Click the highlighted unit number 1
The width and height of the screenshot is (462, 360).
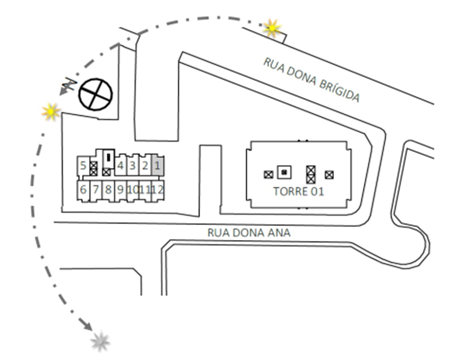point(157,166)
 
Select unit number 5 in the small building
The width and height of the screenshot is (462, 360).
point(83,166)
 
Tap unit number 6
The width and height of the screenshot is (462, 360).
point(83,189)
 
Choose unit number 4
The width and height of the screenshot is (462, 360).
point(120,166)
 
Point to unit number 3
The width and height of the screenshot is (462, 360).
point(133,166)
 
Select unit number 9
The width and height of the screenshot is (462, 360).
point(120,189)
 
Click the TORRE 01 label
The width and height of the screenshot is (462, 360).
point(298,191)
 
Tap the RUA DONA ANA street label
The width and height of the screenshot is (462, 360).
point(249,233)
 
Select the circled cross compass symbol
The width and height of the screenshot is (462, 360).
point(96,94)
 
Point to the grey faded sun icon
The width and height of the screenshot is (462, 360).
point(100,342)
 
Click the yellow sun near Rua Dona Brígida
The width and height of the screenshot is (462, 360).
point(272,28)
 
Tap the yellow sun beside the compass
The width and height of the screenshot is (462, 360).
point(51,112)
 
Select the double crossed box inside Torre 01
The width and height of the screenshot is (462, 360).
point(311,175)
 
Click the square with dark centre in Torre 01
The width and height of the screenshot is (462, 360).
point(284,172)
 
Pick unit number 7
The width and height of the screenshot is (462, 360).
point(96,189)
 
